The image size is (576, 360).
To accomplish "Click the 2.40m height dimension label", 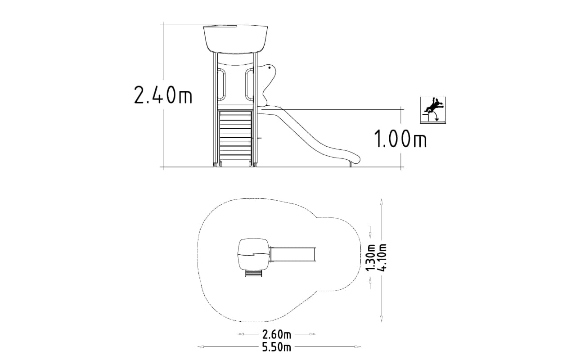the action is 163,95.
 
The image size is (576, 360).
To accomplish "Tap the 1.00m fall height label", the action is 400,139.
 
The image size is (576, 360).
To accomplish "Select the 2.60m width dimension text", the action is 277,334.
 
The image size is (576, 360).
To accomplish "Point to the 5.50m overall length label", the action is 277,347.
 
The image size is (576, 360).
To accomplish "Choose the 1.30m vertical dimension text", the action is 370,257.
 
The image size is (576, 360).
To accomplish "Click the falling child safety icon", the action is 433,110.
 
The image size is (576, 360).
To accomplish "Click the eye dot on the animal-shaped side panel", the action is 270,68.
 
